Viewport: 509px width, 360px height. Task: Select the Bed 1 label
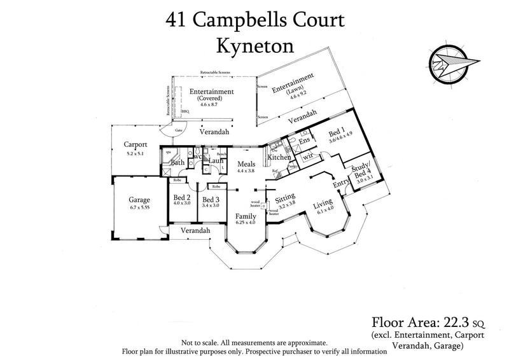coord(338,134)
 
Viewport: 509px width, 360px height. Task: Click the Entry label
coord(342,184)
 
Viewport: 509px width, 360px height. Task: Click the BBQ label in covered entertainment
coord(185,111)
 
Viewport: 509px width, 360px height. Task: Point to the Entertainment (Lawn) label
coord(293,85)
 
